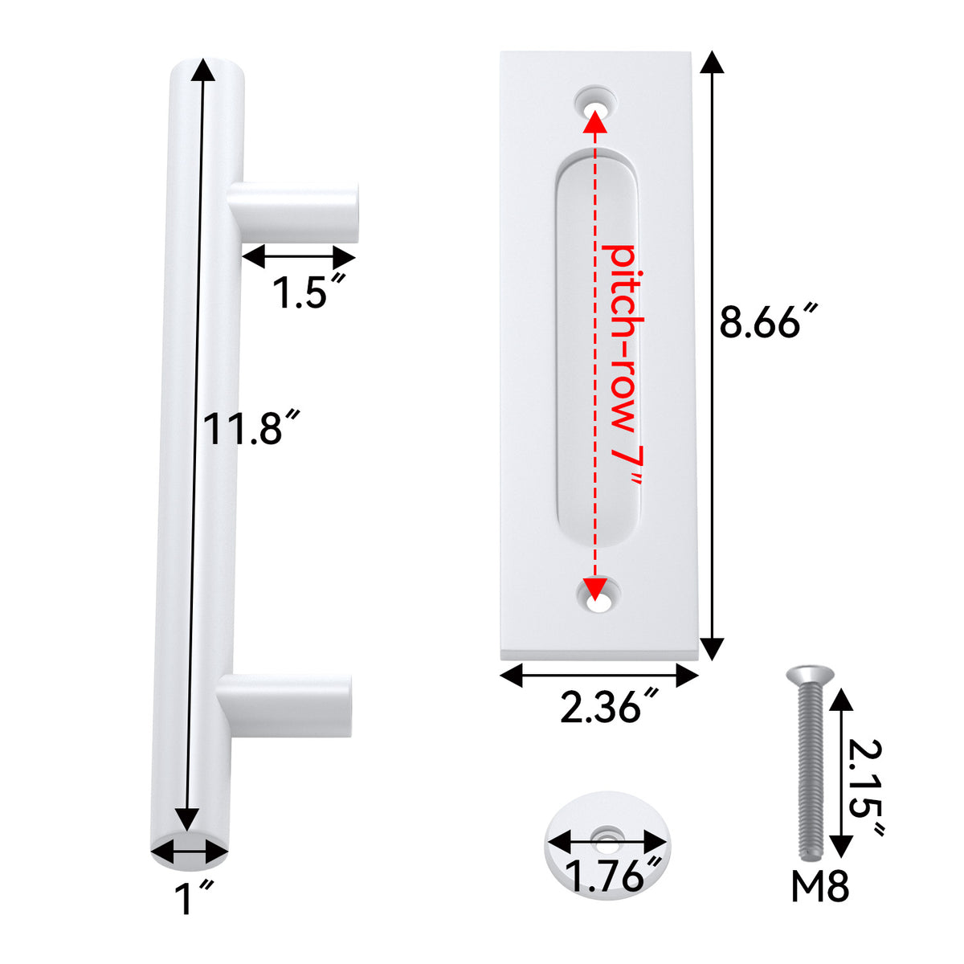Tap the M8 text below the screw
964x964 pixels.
coord(819,888)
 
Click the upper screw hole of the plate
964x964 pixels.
coord(595,104)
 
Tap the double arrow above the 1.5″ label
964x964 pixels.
coord(298,258)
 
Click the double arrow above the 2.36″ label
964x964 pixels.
coord(599,676)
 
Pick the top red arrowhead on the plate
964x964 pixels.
coord(594,120)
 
